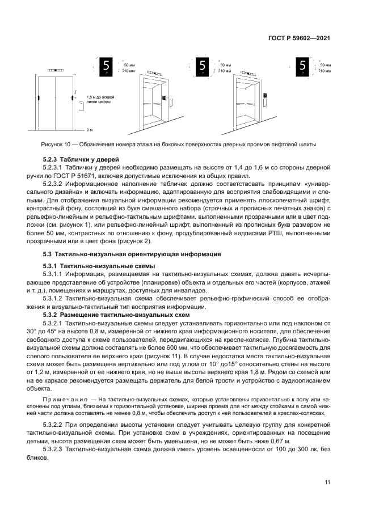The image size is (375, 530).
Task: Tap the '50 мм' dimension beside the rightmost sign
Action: point(326,65)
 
